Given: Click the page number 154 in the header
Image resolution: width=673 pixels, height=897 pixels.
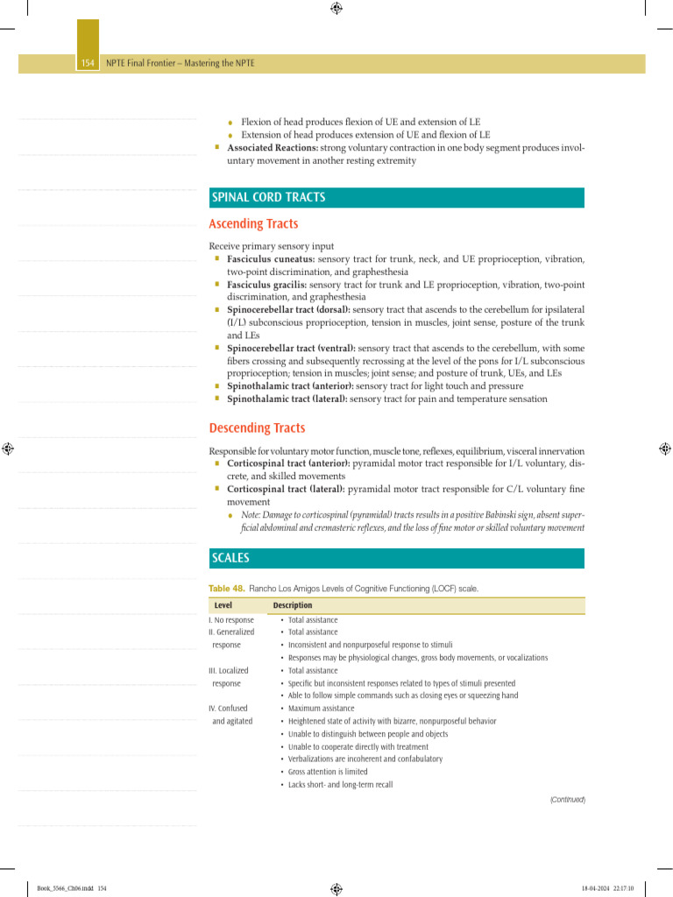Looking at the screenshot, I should [87, 64].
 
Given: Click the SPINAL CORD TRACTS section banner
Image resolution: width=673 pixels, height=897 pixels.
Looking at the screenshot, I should [268, 198].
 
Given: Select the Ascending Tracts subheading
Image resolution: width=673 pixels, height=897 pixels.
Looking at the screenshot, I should [253, 224].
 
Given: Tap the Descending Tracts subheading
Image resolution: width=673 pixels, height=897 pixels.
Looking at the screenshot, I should [257, 428].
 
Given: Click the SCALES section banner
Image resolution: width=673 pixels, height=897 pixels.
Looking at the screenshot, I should [230, 558].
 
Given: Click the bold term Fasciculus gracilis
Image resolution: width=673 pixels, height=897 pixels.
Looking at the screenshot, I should [267, 285].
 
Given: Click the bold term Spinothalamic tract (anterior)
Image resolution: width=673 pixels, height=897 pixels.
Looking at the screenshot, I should [290, 385].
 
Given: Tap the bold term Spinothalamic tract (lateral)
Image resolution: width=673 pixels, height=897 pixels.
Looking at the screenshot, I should [287, 399].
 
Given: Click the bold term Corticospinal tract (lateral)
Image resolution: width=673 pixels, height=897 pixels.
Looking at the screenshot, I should [285, 489].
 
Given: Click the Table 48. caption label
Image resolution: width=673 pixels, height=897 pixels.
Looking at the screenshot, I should [226, 589].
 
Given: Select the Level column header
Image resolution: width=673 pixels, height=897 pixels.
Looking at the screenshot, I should [223, 605].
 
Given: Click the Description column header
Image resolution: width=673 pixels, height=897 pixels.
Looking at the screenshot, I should [292, 605].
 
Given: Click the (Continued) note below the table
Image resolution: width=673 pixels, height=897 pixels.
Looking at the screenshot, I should [567, 800].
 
